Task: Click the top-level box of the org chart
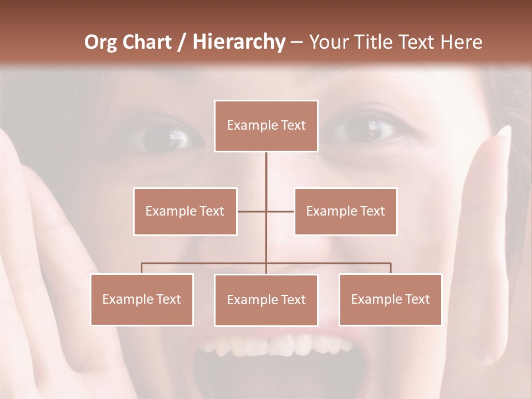point(266,126)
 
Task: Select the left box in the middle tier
point(185,211)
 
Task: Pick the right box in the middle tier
point(345,211)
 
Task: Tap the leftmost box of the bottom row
point(142,299)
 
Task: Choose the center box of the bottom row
point(266,300)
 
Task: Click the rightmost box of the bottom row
point(390,299)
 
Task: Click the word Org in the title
point(101,42)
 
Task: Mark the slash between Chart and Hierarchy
point(182,42)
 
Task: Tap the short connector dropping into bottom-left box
point(142,268)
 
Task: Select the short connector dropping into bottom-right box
point(390,268)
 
